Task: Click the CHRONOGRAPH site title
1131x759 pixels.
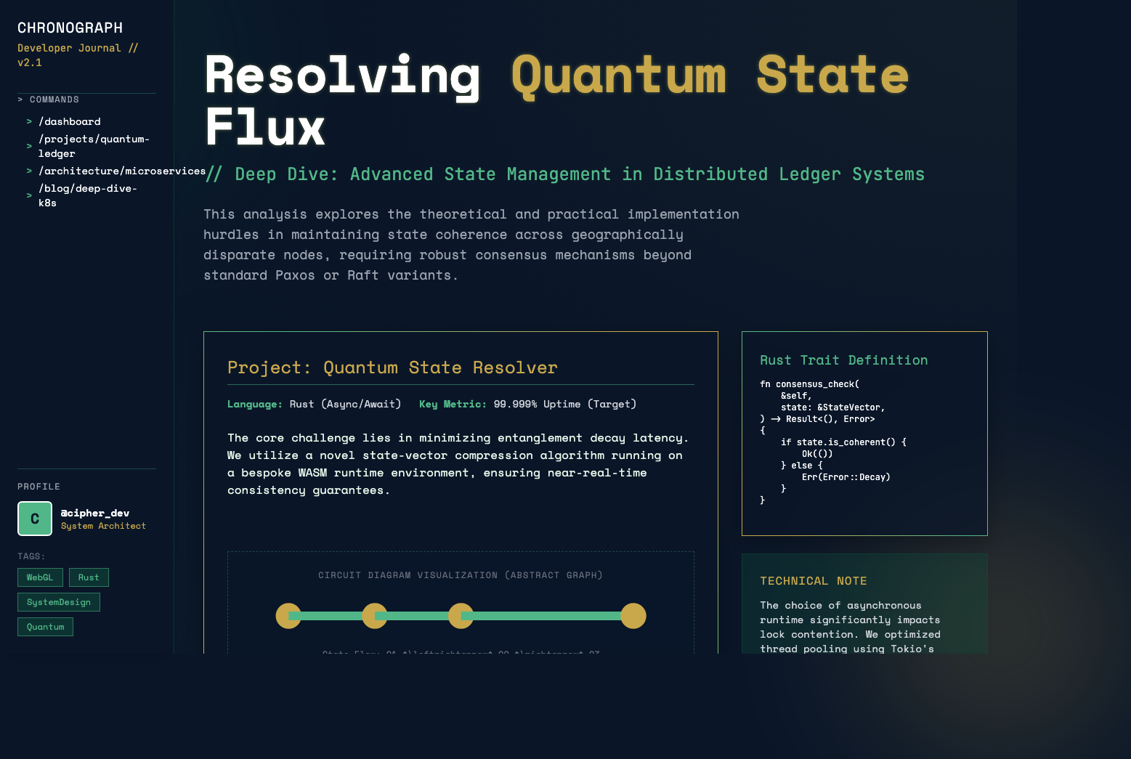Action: [70, 28]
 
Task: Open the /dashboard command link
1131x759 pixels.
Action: [69, 121]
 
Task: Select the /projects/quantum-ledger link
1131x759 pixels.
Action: [93, 146]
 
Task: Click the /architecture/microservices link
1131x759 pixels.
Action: [121, 171]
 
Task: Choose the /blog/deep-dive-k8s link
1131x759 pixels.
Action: [87, 195]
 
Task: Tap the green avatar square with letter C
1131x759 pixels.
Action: [35, 519]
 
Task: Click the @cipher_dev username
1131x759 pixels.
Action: [95, 513]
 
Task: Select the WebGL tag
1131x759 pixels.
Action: [40, 577]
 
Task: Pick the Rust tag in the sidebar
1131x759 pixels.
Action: [89, 577]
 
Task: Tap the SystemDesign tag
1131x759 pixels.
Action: [59, 602]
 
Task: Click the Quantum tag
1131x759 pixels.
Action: [45, 627]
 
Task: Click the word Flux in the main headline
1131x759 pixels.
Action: [265, 128]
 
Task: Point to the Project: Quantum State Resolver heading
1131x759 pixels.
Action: [392, 368]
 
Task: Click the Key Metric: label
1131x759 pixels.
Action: [453, 404]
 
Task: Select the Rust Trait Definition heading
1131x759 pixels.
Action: [843, 360]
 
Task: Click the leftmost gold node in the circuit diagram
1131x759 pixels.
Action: [288, 616]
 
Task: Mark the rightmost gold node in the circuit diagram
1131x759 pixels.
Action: [633, 616]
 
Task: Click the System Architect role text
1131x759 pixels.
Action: [103, 526]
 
